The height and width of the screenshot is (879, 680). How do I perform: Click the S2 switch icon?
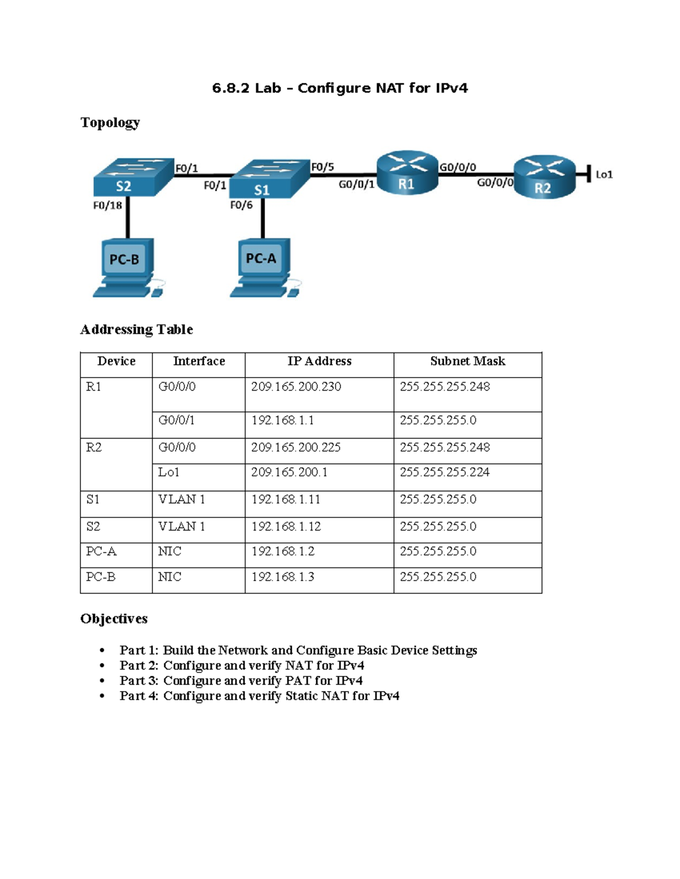tap(133, 177)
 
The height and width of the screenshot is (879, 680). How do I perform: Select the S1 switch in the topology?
tap(271, 179)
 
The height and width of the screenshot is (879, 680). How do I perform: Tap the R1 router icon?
tap(407, 173)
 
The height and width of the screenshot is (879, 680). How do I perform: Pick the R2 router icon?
tap(544, 177)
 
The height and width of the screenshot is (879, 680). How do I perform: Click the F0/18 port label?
tap(107, 205)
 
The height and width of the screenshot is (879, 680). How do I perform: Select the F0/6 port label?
tap(241, 205)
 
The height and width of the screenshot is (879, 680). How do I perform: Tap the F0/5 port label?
tap(322, 167)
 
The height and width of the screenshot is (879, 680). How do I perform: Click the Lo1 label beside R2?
tap(604, 175)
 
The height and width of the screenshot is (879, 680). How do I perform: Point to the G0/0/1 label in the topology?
tap(356, 185)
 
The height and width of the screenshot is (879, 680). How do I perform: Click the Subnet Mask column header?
tap(467, 361)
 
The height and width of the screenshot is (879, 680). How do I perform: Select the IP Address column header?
tap(319, 361)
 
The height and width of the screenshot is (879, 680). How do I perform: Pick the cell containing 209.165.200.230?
tap(296, 387)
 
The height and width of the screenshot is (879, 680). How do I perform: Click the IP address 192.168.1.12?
tap(286, 526)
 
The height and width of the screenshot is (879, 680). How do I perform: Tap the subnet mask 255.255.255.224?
tap(445, 472)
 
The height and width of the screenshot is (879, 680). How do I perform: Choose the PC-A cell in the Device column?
tap(101, 551)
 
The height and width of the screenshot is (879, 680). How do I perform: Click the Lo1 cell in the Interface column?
tap(169, 472)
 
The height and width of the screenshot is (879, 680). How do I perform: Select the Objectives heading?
tap(114, 619)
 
